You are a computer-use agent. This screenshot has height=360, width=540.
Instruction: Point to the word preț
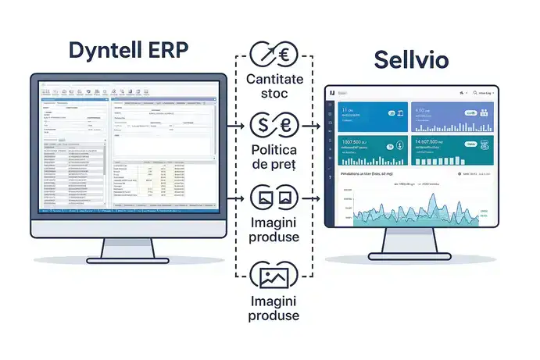click(289, 164)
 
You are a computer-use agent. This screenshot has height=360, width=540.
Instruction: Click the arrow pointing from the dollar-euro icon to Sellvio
click(312, 125)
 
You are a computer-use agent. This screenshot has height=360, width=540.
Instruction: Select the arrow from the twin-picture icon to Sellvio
click(312, 198)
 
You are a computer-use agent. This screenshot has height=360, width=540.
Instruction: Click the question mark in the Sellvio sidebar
click(332, 178)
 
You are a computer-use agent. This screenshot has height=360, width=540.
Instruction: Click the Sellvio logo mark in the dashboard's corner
click(333, 93)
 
